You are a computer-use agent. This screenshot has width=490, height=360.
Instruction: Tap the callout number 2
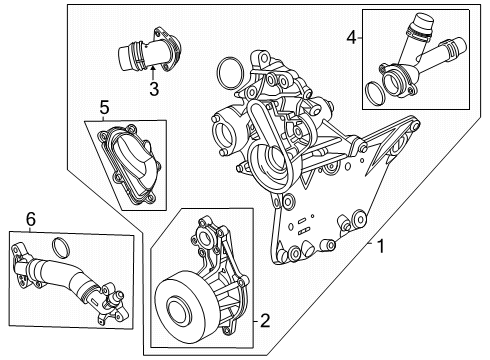[264, 321]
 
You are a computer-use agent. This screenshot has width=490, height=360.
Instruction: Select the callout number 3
[154, 90]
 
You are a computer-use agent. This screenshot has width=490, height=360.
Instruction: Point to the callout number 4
[350, 38]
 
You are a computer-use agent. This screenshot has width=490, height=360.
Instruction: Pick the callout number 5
[104, 105]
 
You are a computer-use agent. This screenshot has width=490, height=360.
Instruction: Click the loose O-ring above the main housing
[227, 72]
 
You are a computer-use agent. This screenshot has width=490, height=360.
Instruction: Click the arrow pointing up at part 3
[154, 75]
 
